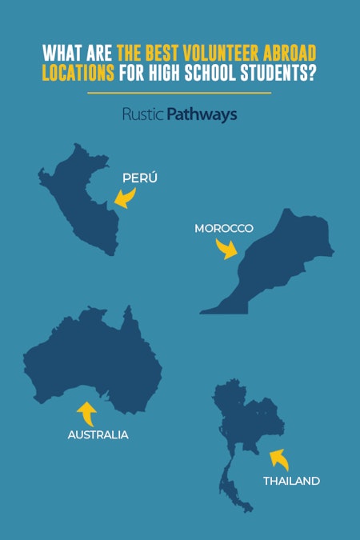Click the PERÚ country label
coord(139,178)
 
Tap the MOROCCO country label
coord(224,229)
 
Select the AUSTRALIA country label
coord(98,435)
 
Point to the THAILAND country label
coord(291,481)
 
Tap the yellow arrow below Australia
coord(86,413)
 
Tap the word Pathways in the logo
coord(202,115)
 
